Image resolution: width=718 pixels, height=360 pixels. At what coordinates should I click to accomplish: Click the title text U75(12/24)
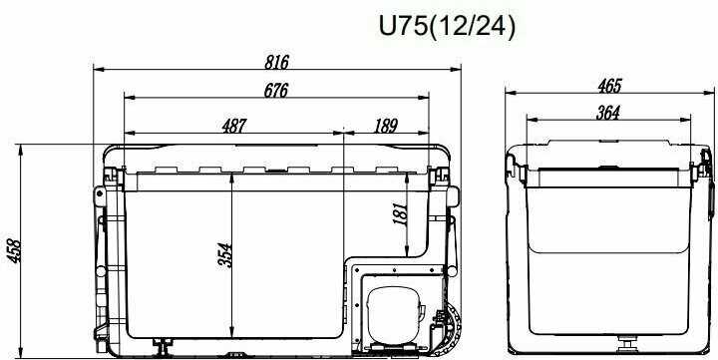point(447,27)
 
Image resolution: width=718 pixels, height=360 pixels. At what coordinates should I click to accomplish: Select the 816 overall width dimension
point(276,62)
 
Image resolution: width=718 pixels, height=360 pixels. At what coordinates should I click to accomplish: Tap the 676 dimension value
point(276,91)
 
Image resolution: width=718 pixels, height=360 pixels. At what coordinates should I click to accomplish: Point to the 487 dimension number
point(234,126)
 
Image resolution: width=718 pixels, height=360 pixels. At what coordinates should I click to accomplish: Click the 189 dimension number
point(385,126)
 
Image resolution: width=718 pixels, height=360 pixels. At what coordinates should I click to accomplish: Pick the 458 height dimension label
point(14,251)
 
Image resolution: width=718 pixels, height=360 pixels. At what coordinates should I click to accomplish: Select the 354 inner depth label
point(225,255)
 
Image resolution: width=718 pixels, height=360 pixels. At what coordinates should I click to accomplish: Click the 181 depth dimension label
point(400,213)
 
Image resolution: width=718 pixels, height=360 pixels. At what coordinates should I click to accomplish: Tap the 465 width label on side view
point(610,86)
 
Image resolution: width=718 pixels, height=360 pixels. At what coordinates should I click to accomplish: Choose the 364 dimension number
point(608,113)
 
